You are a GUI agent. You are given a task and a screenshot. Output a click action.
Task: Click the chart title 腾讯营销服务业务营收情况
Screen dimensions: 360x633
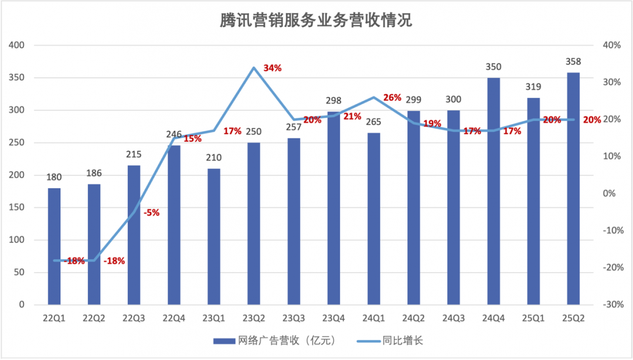click(316, 21)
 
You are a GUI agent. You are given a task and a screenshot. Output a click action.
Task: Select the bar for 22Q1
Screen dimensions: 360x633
click(54, 246)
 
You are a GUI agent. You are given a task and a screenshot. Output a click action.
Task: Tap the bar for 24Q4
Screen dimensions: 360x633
click(494, 191)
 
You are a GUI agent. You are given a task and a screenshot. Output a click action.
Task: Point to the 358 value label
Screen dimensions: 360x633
click(573, 62)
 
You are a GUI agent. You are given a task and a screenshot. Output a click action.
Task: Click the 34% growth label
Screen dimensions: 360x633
click(273, 68)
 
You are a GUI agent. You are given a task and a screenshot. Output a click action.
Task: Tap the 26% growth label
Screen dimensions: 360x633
click(392, 97)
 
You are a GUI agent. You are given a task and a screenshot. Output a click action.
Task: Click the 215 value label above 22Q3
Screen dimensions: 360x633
click(134, 155)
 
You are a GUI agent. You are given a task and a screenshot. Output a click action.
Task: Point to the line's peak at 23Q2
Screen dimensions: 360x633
click(254, 67)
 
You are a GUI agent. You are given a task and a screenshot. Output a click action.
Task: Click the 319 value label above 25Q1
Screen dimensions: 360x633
click(533, 87)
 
